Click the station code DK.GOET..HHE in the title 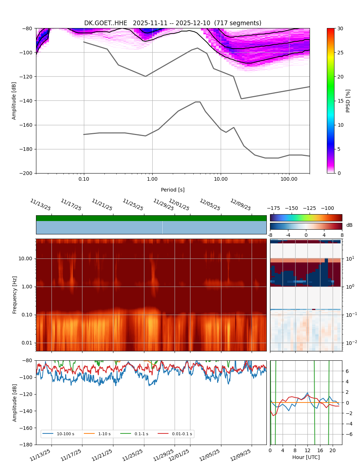pyautogui.click(x=105, y=23)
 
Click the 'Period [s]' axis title pyautogui.click(x=173, y=190)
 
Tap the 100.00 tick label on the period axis pyautogui.click(x=289, y=179)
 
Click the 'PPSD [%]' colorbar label pyautogui.click(x=348, y=101)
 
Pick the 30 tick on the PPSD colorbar pyautogui.click(x=340, y=28)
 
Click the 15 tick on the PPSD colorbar pyautogui.click(x=340, y=101)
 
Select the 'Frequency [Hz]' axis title pyautogui.click(x=15, y=295)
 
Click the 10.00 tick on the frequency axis pyautogui.click(x=25, y=258)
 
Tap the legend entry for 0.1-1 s pyautogui.click(x=141, y=434)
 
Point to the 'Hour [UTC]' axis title pyautogui.click(x=306, y=457)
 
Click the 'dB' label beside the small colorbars pyautogui.click(x=349, y=225)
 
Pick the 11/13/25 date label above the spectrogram pyautogui.click(x=40, y=204)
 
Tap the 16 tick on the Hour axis pyautogui.click(x=320, y=450)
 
